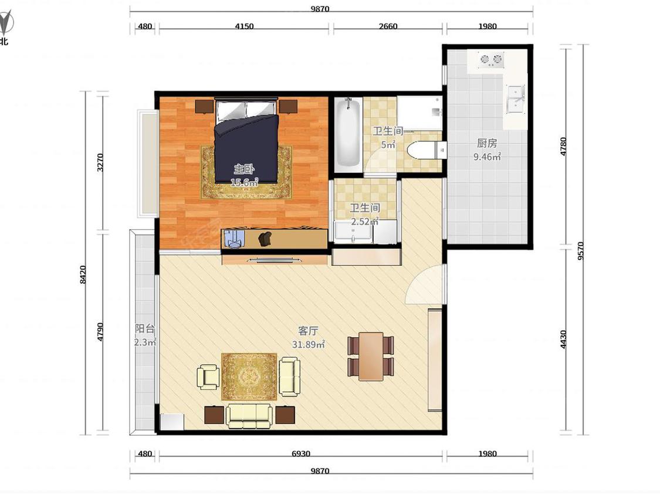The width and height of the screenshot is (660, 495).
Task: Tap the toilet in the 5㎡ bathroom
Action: click(x=426, y=150)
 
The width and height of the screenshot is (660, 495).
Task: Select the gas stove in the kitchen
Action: click(x=492, y=60)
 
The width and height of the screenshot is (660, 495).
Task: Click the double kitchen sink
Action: click(x=515, y=100)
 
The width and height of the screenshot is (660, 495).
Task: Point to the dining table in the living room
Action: click(x=371, y=356)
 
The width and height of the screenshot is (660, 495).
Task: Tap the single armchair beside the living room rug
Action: click(x=208, y=377)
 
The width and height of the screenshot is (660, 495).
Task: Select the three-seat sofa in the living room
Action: click(x=249, y=416)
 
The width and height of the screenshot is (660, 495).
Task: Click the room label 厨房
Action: click(x=487, y=143)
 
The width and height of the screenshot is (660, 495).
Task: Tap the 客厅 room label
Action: click(x=307, y=331)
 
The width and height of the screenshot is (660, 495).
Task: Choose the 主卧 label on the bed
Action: click(x=244, y=169)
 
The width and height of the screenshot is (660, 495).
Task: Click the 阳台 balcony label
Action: click(x=145, y=328)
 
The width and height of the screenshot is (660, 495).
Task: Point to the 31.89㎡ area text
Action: click(x=309, y=344)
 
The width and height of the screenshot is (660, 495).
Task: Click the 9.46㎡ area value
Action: click(x=487, y=157)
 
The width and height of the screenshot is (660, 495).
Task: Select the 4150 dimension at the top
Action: click(x=244, y=26)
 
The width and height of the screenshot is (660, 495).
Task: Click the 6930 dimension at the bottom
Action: click(x=301, y=454)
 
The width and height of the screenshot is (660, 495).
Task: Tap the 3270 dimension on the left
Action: click(x=100, y=162)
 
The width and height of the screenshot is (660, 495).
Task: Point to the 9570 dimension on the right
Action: click(x=581, y=251)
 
